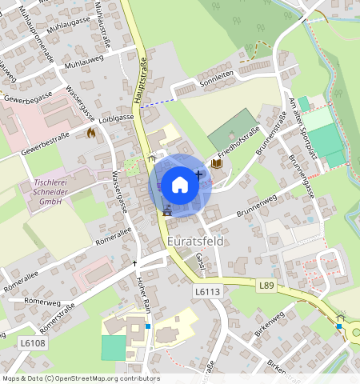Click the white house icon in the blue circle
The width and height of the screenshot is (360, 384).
[180, 185]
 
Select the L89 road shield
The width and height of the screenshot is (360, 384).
[266, 284]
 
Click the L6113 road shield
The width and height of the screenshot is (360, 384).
[207, 293]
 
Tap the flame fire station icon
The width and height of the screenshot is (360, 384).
[90, 133]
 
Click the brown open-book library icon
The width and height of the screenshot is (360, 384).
[216, 164]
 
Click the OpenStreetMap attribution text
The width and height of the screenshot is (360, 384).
[80, 378]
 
